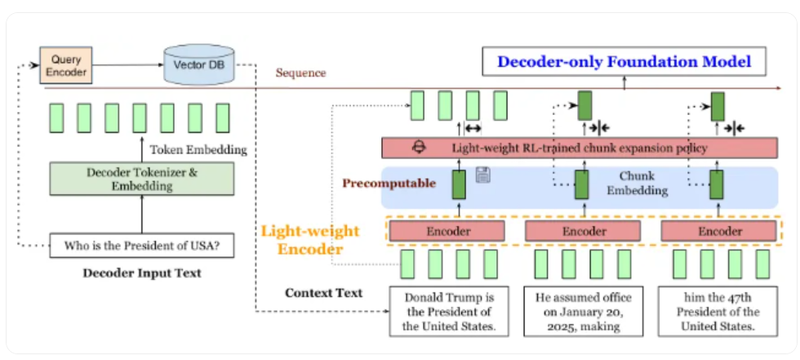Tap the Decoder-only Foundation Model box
coord(624,61)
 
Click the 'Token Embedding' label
coord(198,149)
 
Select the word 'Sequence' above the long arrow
coord(300,73)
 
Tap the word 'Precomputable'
coord(388,183)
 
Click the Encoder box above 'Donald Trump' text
coord(448,231)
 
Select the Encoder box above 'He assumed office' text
coord(583,231)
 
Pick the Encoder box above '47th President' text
coord(719,231)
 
